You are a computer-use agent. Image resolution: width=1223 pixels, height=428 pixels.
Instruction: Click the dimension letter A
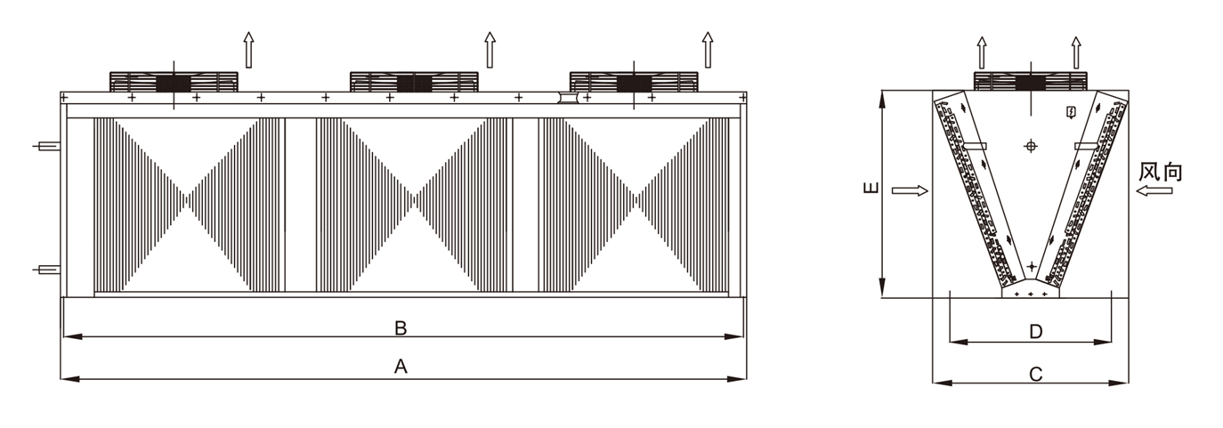401,367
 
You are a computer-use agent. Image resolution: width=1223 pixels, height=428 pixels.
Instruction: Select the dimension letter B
401,328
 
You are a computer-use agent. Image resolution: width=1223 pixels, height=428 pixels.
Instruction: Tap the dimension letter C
1036,375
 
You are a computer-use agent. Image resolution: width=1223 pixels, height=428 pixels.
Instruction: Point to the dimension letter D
1036,331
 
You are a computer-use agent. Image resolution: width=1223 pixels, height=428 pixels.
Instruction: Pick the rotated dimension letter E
871,187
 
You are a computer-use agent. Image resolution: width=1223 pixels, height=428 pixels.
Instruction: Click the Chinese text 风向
1160,172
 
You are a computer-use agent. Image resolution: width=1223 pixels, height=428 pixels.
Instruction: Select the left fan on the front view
174,81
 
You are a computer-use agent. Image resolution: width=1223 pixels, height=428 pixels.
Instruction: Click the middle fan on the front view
414,81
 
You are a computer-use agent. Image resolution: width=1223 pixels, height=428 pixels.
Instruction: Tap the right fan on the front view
634,81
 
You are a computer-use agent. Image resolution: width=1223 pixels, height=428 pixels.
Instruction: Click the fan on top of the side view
1030,80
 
